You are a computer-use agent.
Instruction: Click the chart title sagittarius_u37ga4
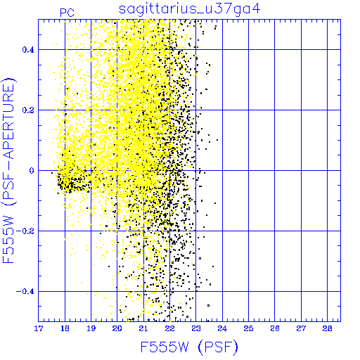[190, 9]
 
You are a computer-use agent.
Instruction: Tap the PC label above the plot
[67, 13]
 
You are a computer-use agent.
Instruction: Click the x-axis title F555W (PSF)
[189, 347]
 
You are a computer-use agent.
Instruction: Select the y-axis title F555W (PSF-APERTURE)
[8, 170]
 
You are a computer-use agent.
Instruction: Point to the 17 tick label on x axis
[39, 328]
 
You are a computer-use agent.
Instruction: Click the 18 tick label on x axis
[65, 328]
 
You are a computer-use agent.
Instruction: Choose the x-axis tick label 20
[117, 328]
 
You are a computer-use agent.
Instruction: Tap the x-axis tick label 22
[169, 328]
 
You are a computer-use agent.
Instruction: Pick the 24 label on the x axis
[222, 328]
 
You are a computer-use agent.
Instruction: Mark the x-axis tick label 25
[248, 328]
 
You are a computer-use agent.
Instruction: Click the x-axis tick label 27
[301, 328]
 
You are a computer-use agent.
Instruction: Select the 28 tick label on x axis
[328, 328]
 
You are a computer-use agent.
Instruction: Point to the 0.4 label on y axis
[28, 50]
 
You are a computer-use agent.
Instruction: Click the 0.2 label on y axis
[28, 110]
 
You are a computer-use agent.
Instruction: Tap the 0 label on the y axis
[32, 171]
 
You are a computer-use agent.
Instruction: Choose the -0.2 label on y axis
[25, 231]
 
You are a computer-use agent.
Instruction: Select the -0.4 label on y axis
[25, 292]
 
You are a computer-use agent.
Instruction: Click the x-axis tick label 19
[91, 328]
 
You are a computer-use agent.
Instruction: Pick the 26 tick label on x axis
[275, 328]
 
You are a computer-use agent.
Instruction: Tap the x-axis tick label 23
[196, 328]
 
